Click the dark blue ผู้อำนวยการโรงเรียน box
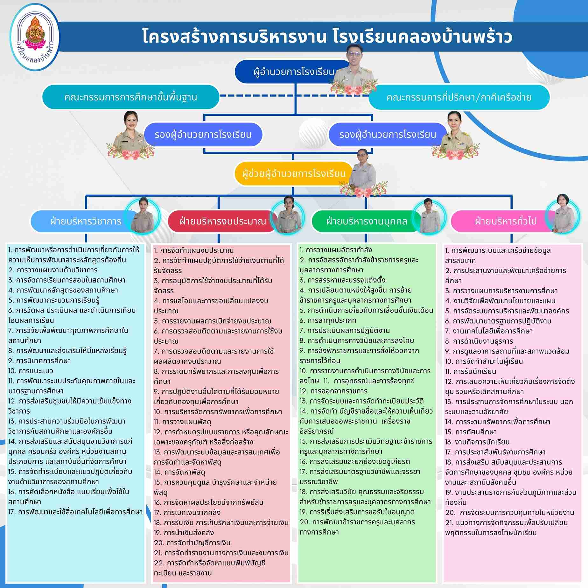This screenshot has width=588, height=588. [290, 72]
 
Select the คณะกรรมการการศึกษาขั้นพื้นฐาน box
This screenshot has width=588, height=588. [130, 97]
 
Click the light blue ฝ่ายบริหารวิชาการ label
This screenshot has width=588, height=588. [85, 221]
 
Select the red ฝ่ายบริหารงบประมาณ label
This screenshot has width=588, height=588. [223, 221]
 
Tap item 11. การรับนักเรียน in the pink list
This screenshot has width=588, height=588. [471, 371]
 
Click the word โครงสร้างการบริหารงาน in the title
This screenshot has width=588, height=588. [234, 37]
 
